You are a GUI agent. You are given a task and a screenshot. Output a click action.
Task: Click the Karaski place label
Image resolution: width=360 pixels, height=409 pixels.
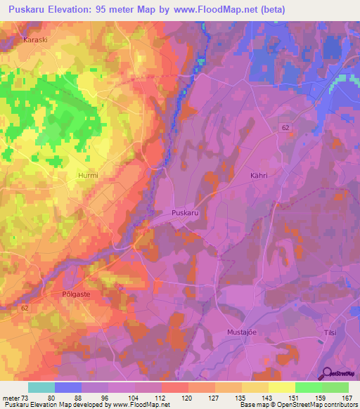coord(35,40)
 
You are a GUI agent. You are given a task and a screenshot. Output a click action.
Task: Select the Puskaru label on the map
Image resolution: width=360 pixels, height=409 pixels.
coord(185,212)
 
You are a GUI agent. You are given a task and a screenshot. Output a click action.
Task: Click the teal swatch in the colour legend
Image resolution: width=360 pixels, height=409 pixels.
coord(41,387)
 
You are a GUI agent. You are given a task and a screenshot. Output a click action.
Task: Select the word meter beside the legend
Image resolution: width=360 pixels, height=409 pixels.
coord(10,398)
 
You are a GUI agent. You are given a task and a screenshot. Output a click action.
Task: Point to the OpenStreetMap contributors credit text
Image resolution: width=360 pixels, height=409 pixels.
coord(316,405)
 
